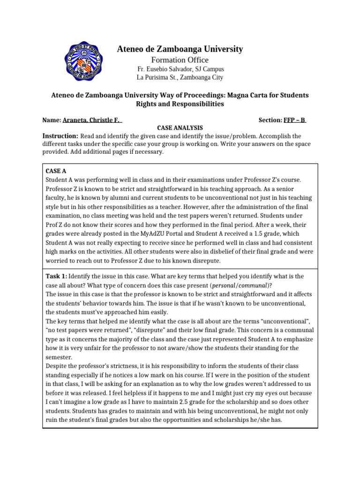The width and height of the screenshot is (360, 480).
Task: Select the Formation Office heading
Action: point(180,60)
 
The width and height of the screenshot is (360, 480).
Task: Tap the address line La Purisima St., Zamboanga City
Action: point(180,77)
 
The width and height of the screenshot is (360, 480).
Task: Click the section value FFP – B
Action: point(295,120)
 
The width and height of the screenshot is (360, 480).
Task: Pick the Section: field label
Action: point(270,120)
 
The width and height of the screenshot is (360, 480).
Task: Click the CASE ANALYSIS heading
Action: point(180,127)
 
